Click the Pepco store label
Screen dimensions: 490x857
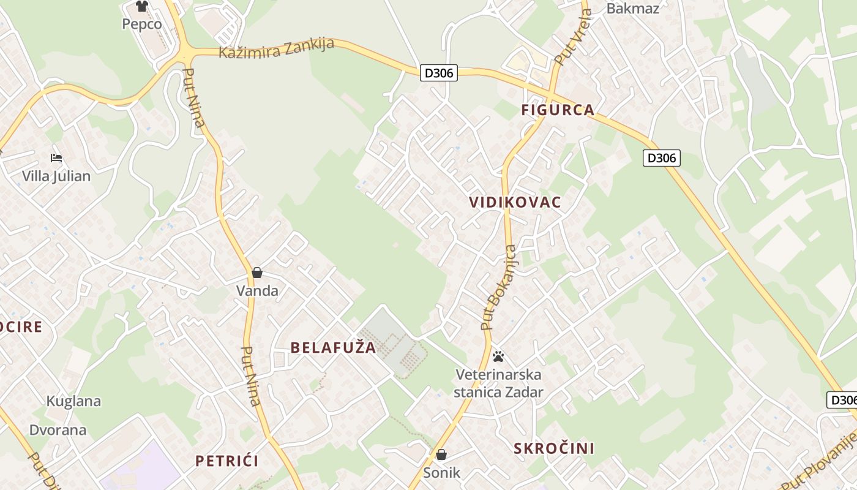141,24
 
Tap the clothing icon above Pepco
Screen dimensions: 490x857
142,6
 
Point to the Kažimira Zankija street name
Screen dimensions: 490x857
276,48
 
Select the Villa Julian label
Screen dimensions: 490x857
56,176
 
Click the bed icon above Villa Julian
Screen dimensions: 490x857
56,158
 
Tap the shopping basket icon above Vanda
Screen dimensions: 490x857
257,273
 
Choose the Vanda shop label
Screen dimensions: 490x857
257,290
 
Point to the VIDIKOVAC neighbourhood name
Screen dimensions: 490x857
515,203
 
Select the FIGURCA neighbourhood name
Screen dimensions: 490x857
558,110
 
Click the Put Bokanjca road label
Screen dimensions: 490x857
499,288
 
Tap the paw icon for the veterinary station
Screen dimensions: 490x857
498,356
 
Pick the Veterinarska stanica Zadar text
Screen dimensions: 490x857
498,383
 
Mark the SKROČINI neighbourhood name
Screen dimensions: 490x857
554,448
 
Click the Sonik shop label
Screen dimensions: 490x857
441,472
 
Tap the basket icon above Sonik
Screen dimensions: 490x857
441,454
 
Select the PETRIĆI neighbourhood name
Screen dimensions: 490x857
226,461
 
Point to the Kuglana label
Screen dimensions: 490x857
73,401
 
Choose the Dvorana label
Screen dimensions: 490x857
58,429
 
